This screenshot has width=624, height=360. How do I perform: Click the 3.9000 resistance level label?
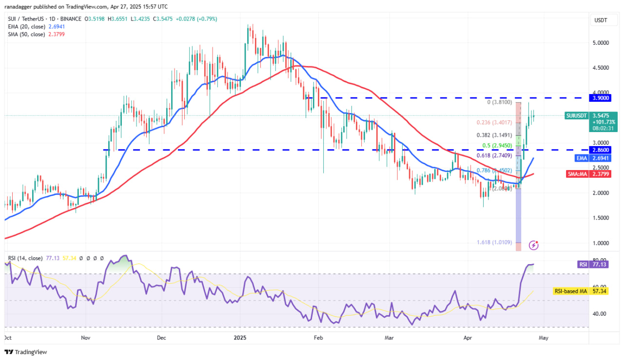click(601, 98)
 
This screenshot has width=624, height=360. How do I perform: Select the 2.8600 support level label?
click(601, 150)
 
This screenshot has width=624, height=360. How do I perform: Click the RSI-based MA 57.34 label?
click(570, 291)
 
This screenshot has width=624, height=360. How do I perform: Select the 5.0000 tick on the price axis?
click(601, 43)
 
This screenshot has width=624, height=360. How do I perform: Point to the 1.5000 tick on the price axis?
click(601, 218)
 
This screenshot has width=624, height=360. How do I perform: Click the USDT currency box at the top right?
click(600, 20)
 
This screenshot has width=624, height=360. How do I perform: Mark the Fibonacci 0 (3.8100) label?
click(499, 102)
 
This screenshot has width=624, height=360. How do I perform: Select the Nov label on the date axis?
click(85, 337)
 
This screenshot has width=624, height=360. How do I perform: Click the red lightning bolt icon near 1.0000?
click(534, 245)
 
